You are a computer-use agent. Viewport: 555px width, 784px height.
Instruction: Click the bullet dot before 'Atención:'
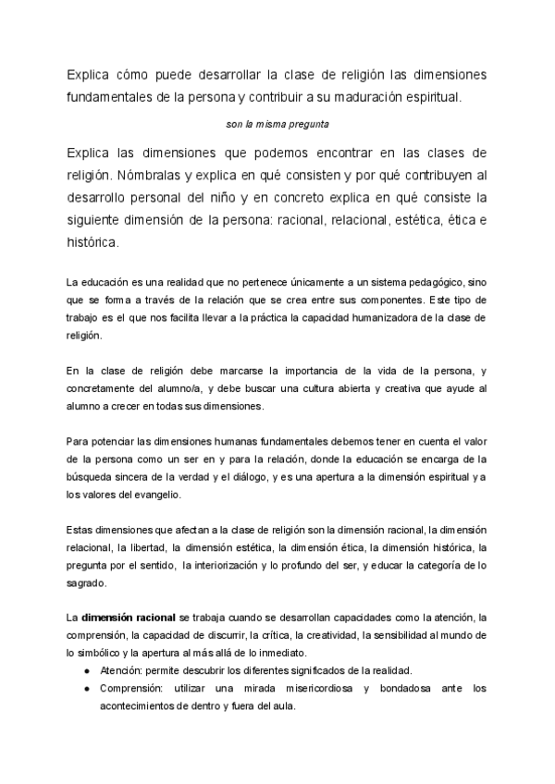coord(86,670)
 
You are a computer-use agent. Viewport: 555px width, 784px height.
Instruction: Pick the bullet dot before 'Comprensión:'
coord(86,689)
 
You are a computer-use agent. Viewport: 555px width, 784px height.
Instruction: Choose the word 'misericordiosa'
coord(314,689)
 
